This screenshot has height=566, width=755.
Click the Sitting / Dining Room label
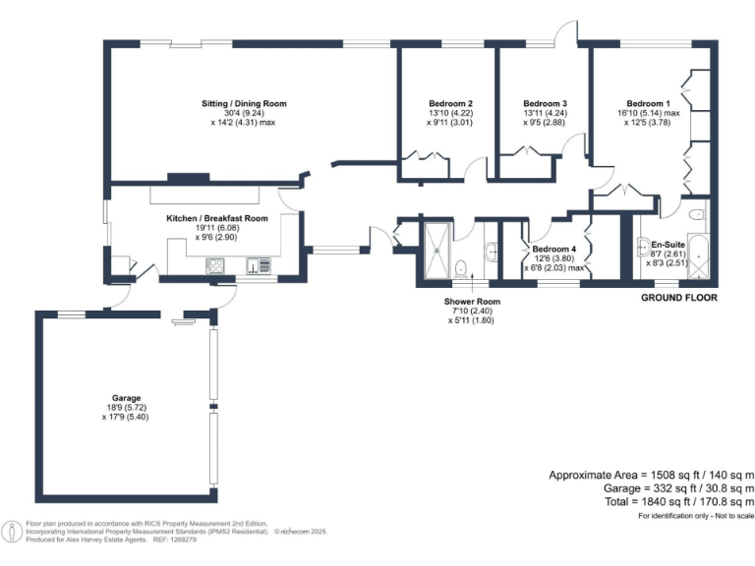244,103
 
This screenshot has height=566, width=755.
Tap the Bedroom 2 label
450,103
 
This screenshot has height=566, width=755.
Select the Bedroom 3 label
545,103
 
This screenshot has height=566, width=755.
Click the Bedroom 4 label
553,249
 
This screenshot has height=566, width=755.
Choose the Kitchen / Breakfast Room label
216,218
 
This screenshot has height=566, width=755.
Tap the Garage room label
126,398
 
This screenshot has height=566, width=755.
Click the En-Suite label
668,245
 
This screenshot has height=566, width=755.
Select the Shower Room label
472,302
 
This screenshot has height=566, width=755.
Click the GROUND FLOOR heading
679,298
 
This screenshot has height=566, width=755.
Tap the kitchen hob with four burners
215,266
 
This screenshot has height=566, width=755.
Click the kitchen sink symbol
259,265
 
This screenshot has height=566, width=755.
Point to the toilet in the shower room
461,268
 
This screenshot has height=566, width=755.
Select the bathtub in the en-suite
698,256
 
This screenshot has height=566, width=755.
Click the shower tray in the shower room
437,251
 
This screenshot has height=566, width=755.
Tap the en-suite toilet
697,213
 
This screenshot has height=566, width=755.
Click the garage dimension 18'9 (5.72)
126,408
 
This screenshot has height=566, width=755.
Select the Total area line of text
679,502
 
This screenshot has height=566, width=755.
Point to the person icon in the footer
11,532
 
